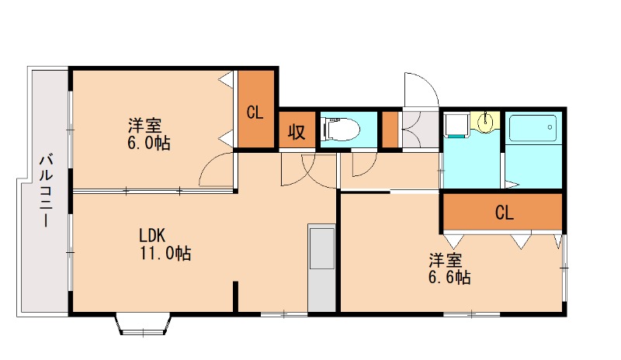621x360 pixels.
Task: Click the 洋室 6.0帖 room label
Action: point(148,134)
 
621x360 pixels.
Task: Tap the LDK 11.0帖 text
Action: point(165,244)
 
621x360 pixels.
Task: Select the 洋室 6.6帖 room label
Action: point(449,268)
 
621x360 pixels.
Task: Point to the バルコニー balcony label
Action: point(47,191)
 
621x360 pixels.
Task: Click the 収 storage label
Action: point(297,131)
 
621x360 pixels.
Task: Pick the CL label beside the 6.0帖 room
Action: point(255,112)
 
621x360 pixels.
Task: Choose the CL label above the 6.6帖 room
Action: point(504,213)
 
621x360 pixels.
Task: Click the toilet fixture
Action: point(342,129)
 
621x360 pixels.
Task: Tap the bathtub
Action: point(533,128)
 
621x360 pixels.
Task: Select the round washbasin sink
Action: point(485,122)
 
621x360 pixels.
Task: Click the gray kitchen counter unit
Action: point(321,268)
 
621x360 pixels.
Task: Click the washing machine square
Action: point(456,125)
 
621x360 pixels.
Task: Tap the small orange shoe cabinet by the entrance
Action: point(390,130)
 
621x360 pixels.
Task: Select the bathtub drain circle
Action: point(550,127)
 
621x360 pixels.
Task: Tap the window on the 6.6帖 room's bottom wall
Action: point(471,314)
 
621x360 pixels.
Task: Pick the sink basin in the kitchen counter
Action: point(321,248)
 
